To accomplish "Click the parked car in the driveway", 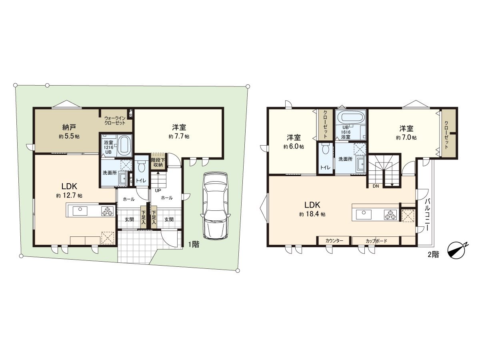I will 215,205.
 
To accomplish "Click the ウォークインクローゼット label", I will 115,120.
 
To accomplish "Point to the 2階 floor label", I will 433,254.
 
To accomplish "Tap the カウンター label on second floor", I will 334,241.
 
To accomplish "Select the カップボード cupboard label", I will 376,241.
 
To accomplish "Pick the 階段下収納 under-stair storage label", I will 158,162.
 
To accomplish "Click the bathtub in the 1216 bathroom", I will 125,144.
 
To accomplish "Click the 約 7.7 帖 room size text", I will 179,136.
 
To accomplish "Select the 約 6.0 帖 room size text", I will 294,147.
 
